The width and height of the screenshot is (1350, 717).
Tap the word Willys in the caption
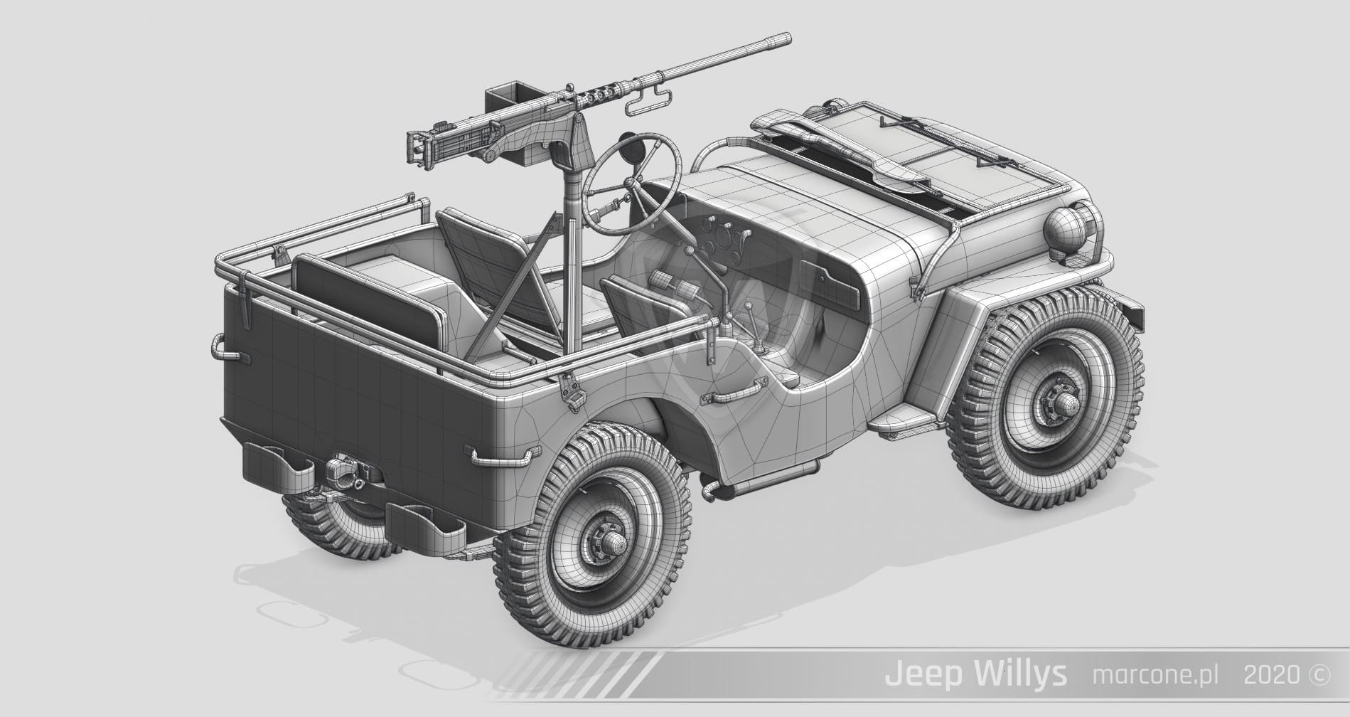tap(1021, 674)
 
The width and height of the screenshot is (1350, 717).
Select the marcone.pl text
tap(1155, 674)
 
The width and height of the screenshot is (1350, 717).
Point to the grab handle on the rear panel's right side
tap(500, 456)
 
